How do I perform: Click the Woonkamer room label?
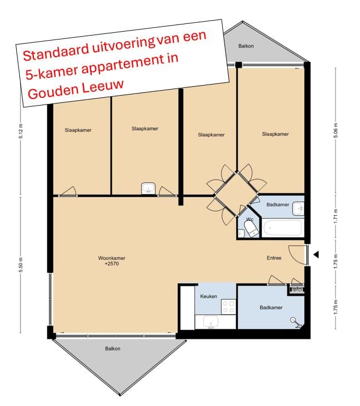coord(111,258)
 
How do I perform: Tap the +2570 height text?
coord(111,264)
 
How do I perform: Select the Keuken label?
coord(208,296)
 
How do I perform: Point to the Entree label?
coord(274,258)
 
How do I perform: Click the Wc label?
coord(249,220)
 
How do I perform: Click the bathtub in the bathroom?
coord(283,228)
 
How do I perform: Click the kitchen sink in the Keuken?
coord(211,321)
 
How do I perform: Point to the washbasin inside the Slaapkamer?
coord(148,188)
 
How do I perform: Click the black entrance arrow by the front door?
coord(316,255)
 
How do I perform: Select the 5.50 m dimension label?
coord(21,265)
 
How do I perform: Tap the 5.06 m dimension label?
coord(336,134)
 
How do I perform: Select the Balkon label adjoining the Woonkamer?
coord(113,349)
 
